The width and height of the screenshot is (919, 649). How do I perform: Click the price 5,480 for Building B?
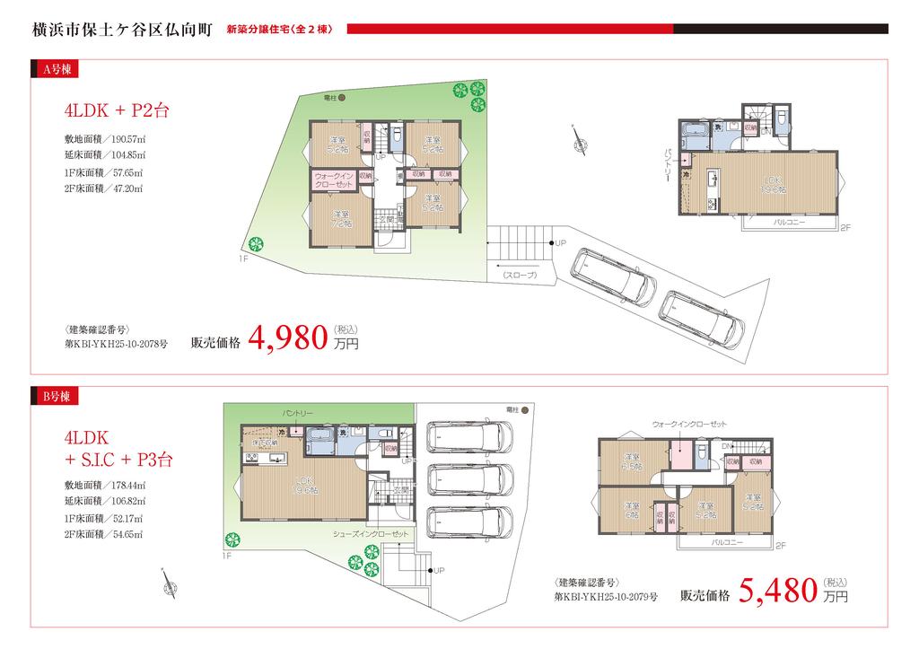tap(778, 591)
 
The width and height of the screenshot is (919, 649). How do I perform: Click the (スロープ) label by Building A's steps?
tap(519, 275)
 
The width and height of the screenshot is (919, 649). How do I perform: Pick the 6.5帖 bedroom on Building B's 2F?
tap(631, 460)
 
